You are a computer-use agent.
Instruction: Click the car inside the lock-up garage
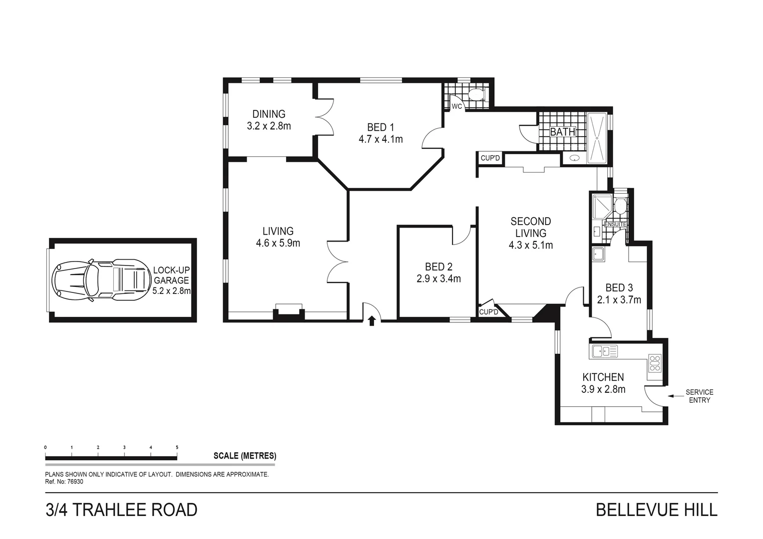tap(99, 280)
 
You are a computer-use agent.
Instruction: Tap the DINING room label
tap(269, 114)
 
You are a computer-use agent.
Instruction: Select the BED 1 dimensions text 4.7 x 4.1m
tap(381, 139)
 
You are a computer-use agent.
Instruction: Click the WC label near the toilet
tap(457, 106)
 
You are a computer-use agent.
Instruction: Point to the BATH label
tap(563, 132)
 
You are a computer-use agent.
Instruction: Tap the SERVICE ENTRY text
tap(699, 396)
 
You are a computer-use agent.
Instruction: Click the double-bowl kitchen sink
tap(605, 352)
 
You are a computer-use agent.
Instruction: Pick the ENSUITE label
tap(615, 225)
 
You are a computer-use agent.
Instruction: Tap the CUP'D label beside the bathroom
tap(490, 158)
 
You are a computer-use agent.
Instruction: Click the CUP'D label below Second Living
tap(488, 312)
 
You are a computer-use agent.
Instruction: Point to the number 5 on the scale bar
tap(177, 447)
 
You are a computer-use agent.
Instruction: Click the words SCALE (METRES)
tap(245, 456)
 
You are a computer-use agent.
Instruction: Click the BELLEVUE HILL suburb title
tap(657, 510)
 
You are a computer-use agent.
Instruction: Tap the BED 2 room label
tap(438, 267)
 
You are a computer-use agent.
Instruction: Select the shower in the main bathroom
tap(597, 138)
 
